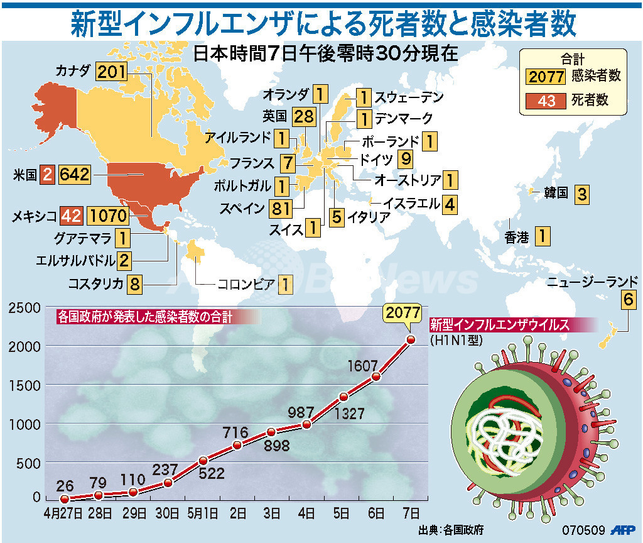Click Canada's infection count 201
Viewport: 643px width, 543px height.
(112, 72)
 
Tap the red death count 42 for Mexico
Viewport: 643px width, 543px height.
(72, 216)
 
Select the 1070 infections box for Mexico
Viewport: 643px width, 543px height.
(108, 216)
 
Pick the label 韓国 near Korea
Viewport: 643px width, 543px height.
(555, 193)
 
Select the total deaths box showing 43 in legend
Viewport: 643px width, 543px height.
(547, 100)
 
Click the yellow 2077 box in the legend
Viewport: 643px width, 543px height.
(548, 77)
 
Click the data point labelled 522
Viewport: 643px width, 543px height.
(203, 461)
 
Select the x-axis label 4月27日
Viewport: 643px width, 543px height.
(62, 512)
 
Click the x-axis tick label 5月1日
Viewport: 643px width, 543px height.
(203, 512)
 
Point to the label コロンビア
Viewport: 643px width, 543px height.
(246, 284)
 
